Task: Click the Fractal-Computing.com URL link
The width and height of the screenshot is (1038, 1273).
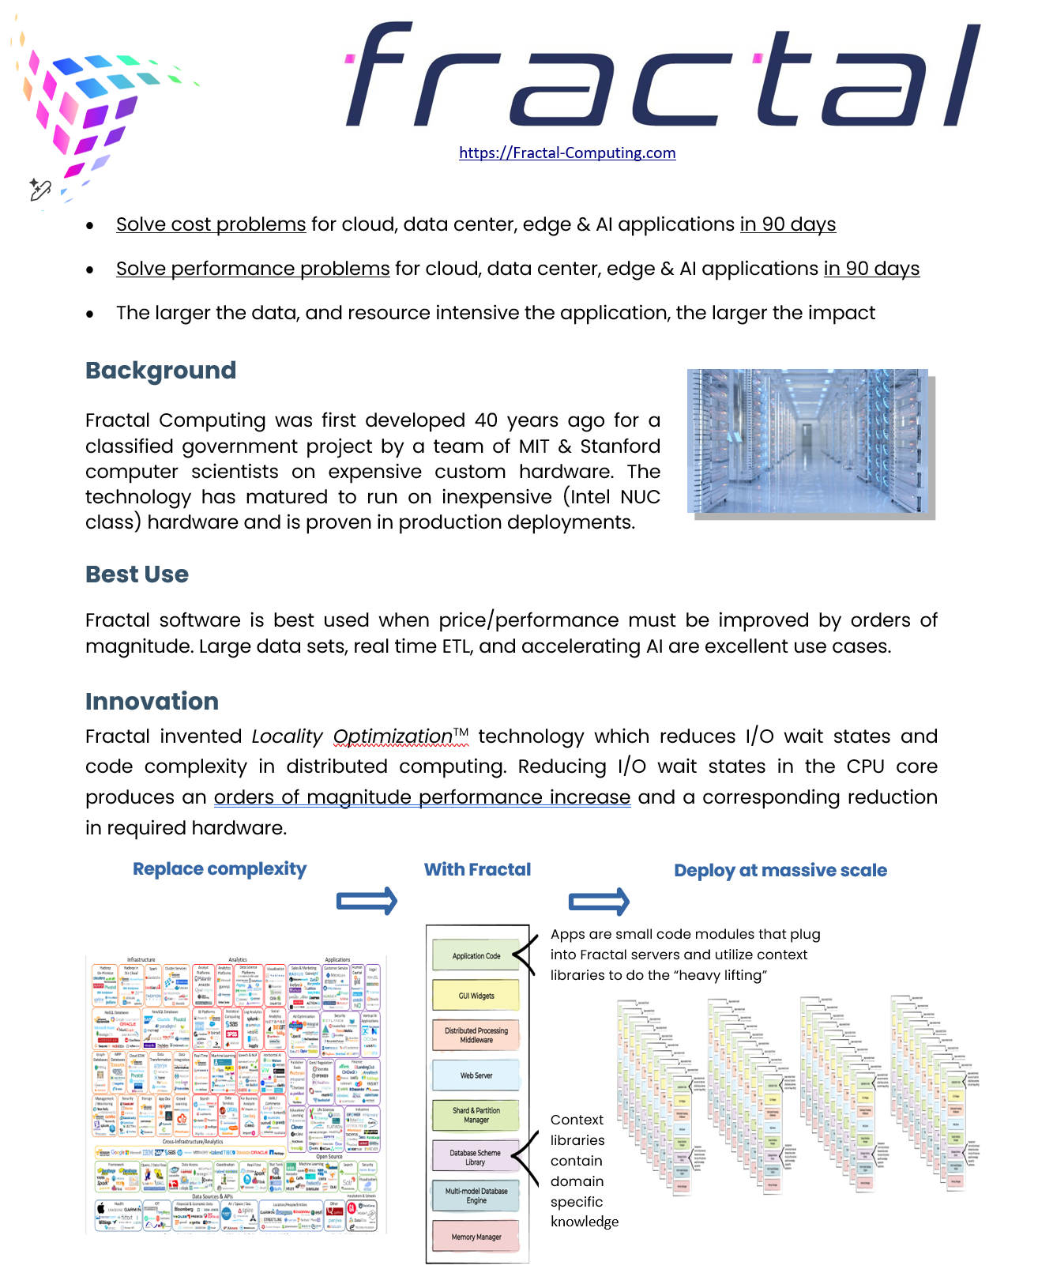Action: click(567, 153)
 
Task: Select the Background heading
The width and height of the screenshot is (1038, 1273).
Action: click(160, 371)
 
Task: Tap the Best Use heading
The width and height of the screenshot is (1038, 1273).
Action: click(137, 574)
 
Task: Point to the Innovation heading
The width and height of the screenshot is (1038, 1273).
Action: click(152, 702)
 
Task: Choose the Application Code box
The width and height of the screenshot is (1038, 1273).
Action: click(476, 955)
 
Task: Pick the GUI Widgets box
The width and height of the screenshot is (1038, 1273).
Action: click(476, 996)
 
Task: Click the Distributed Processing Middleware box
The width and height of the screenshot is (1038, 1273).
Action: click(476, 1035)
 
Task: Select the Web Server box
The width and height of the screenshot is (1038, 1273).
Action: click(476, 1075)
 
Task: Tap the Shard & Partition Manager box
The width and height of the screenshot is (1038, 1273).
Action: click(476, 1115)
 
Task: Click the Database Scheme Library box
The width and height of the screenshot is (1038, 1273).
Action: click(476, 1157)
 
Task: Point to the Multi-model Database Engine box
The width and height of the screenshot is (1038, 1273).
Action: click(476, 1196)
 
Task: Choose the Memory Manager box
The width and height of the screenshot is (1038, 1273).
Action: click(476, 1237)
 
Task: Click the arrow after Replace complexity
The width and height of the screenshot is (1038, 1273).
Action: click(367, 901)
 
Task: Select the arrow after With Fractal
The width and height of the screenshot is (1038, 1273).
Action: click(599, 901)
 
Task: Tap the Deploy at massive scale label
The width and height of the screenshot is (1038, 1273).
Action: click(780, 871)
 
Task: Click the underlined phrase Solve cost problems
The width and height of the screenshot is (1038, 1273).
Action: click(211, 224)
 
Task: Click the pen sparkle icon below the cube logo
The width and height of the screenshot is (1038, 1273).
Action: click(39, 190)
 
